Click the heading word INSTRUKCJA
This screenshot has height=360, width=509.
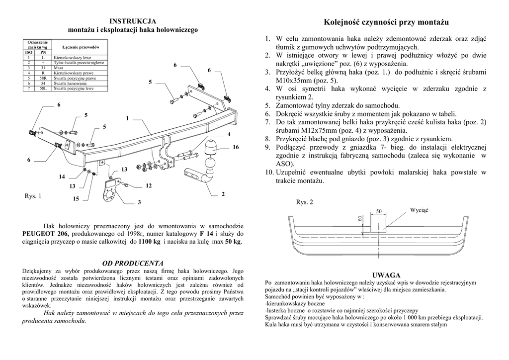point(133,21)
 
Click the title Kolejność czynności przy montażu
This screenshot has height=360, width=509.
point(386,22)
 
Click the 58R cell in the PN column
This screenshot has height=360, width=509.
point(43,78)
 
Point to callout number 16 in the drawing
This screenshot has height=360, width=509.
point(235,147)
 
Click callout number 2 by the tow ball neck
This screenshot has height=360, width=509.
point(223,194)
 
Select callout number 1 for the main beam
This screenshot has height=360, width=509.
point(127,118)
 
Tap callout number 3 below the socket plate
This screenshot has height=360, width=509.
point(139,202)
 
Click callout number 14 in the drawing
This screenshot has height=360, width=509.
point(62,177)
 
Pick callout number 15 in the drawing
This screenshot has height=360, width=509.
point(76,199)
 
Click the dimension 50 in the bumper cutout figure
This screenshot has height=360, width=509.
point(379,211)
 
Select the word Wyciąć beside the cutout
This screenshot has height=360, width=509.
point(419,210)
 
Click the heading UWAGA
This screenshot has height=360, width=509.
point(386,275)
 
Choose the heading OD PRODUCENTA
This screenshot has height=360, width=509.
point(133,263)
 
